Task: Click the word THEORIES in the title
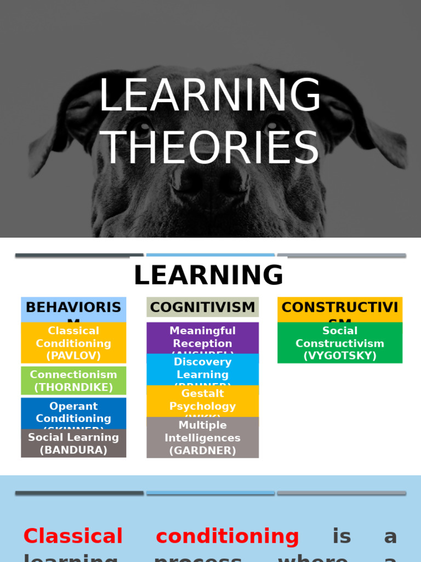pyautogui.click(x=210, y=148)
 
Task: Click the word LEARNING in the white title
pyautogui.click(x=210, y=95)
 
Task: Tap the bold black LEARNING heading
pyautogui.click(x=208, y=275)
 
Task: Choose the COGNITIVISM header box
pyautogui.click(x=202, y=307)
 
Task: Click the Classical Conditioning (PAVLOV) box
pyautogui.click(x=73, y=343)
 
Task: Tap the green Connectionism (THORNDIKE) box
pyautogui.click(x=73, y=381)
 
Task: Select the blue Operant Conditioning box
pyautogui.click(x=73, y=413)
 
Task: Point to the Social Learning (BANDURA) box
pyautogui.click(x=73, y=444)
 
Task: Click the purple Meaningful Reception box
pyautogui.click(x=202, y=338)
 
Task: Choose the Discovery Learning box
pyautogui.click(x=202, y=369)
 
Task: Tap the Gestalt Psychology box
pyautogui.click(x=202, y=401)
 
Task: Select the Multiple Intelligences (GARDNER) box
pyautogui.click(x=202, y=438)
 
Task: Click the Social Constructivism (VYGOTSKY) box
pyautogui.click(x=340, y=343)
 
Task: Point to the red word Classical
pyautogui.click(x=73, y=536)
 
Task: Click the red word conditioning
pyautogui.click(x=227, y=536)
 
